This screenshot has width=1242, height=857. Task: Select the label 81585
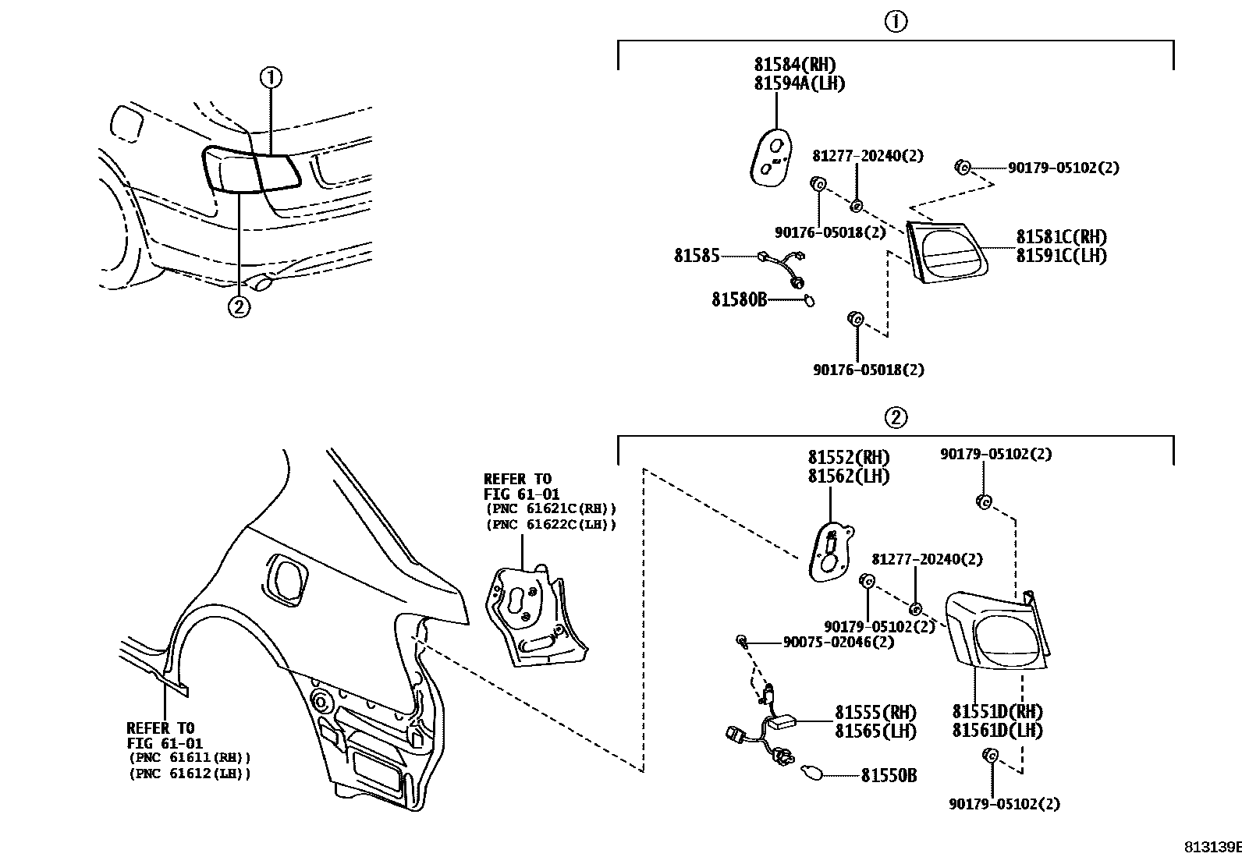tap(697, 255)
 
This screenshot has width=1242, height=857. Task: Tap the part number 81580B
tap(739, 299)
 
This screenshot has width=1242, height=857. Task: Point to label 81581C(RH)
tap(1061, 237)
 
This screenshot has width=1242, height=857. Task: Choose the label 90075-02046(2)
tap(839, 642)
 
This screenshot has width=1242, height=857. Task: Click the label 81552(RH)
tap(848, 458)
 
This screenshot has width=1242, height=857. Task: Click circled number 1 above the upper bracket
tap(896, 22)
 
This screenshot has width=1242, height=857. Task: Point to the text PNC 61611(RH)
tap(190, 757)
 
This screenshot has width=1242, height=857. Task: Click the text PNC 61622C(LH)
tap(550, 525)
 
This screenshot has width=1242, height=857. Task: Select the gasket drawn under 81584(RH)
tap(770, 157)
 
